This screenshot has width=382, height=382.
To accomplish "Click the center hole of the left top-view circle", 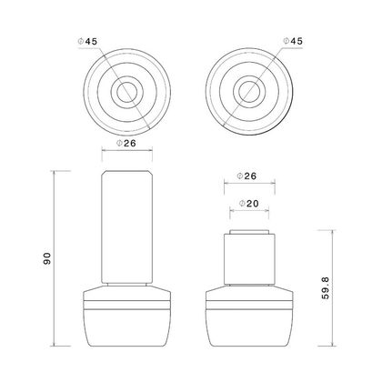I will [x=126, y=94].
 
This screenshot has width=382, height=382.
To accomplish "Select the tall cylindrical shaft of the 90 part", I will [x=126, y=227].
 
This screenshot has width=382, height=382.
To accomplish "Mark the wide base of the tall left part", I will [x=126, y=318].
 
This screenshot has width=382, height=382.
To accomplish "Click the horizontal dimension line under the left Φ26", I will [x=126, y=152].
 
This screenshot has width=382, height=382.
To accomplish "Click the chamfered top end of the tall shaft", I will [x=126, y=174].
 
